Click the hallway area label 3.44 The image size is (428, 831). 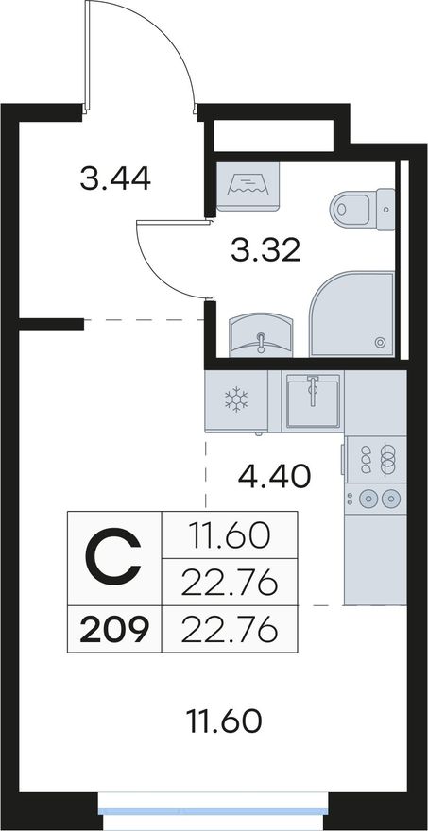[115, 178]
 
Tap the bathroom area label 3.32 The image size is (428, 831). [265, 249]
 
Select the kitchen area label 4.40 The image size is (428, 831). [274, 477]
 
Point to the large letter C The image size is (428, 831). [114, 558]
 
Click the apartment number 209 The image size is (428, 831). [114, 631]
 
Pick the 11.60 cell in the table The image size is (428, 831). [229, 536]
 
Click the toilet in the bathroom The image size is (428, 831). [362, 209]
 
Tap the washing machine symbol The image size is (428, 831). [248, 187]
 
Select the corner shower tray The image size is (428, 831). [351, 314]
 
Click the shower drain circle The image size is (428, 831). [380, 343]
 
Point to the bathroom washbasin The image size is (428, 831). [261, 335]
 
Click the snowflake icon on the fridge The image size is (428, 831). [236, 399]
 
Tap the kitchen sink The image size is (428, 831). [313, 400]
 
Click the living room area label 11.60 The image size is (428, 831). [225, 721]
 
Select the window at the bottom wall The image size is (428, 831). [214, 811]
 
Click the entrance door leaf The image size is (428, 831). [87, 56]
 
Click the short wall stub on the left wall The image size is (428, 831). [51, 324]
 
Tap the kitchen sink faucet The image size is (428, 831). [313, 390]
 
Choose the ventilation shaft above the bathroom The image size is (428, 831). [274, 136]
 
